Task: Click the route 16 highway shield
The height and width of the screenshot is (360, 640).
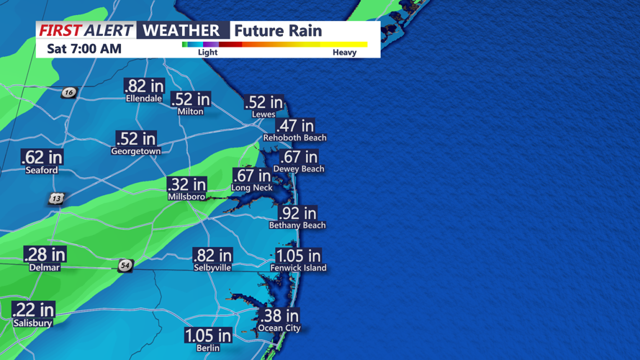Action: click(x=68, y=92)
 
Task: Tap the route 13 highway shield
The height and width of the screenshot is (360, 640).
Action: click(x=57, y=198)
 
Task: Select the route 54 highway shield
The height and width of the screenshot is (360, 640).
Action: click(x=125, y=266)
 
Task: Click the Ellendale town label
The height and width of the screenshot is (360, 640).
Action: click(x=144, y=99)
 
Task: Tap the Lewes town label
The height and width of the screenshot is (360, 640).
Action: click(x=263, y=114)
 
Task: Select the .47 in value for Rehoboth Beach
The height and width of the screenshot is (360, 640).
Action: click(x=295, y=126)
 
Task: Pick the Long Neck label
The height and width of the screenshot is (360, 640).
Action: click(x=251, y=188)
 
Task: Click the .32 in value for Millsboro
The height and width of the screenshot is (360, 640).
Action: click(x=186, y=184)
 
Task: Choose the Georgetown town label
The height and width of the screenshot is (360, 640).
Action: click(x=135, y=152)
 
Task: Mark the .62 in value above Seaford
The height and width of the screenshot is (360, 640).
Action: click(x=42, y=158)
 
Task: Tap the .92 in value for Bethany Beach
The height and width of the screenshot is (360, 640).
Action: click(x=297, y=213)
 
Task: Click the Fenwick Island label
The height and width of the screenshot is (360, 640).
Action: click(x=298, y=268)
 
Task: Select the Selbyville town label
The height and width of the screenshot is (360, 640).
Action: click(x=212, y=268)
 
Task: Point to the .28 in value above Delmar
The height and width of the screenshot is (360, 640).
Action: click(x=45, y=255)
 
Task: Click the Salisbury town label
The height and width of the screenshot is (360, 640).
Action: click(x=32, y=323)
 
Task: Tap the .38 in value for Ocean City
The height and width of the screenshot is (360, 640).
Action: click(x=279, y=316)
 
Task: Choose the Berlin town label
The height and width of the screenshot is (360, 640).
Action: click(x=208, y=348)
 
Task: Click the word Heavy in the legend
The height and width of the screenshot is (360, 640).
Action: click(x=344, y=53)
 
